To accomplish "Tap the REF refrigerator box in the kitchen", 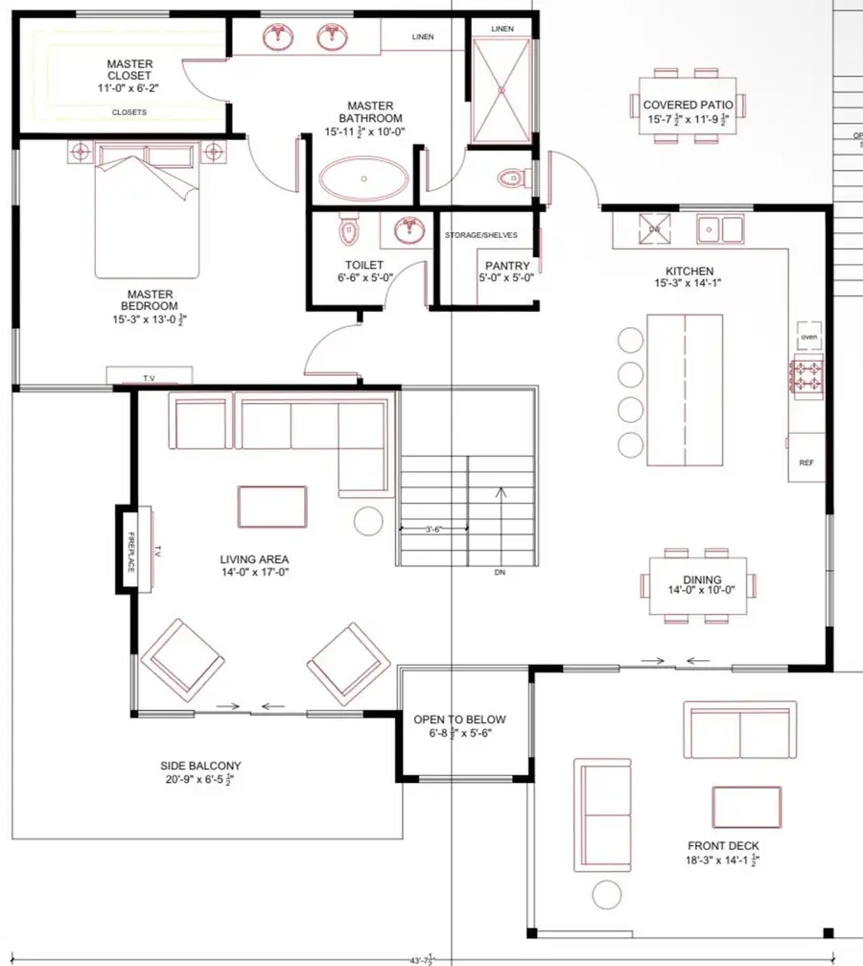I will coord(805,461).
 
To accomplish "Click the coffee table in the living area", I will coord(273,507).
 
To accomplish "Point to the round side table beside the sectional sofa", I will coord(368,520).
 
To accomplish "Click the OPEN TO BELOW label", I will coord(459,719).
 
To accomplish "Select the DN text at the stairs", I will coord(500,572).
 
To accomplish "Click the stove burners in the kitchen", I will coord(805,375).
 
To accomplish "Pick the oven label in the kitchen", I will coord(807,337).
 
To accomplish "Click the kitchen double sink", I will coord(720,228).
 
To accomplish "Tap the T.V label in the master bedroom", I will coord(149,379).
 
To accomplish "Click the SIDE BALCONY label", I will coord(201,766).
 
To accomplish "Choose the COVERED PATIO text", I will coord(688,106).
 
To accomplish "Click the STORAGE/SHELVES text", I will coord(481,235).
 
